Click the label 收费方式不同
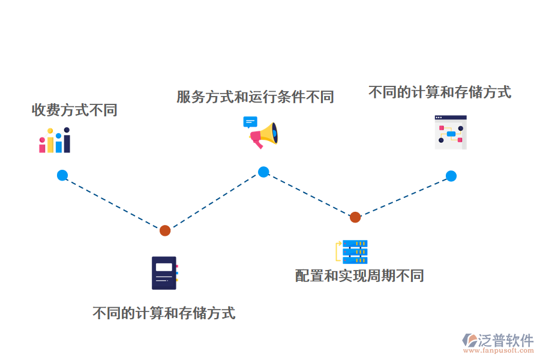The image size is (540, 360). pos(74,110)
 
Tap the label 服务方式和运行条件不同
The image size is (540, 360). pos(255,97)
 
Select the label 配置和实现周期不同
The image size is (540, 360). pos(359,275)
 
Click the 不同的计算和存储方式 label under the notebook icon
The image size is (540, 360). pos(164,313)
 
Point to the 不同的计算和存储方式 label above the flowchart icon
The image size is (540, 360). pos(440,92)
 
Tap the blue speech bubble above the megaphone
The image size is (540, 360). pos(250,122)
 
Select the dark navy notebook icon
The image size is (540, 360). pos(164,273)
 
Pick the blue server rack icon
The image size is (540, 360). pos(354,251)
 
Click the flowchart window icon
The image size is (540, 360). pos(451,132)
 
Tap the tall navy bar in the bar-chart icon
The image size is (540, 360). pos(67,141)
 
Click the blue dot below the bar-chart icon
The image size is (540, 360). pos(62,175)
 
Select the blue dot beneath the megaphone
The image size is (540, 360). pos(263,172)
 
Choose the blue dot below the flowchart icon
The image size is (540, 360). pos(451,176)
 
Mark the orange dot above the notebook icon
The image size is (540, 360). pos(165,230)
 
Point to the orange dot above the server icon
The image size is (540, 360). pos(355,217)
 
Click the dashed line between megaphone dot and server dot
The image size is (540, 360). pos(309,194)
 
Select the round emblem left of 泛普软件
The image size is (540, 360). pos(470,340)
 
